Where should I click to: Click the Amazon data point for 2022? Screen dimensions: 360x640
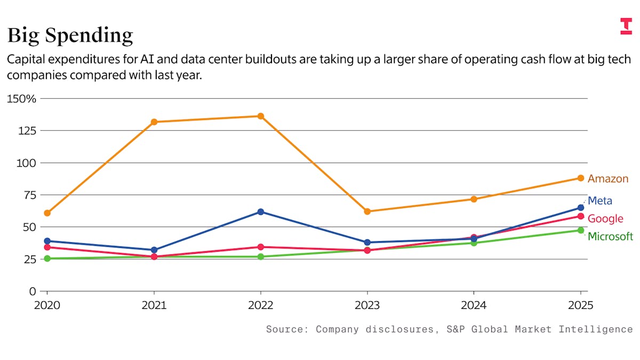[260, 116]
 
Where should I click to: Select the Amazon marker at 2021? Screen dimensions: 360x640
[154, 122]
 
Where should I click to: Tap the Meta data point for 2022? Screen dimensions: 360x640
[260, 212]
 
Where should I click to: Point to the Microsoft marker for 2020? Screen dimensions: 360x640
[47, 259]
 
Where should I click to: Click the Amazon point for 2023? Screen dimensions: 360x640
[367, 211]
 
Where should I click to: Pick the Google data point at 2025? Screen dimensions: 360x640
[580, 216]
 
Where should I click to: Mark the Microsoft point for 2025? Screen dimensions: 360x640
[580, 230]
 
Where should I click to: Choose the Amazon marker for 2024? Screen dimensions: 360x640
[474, 199]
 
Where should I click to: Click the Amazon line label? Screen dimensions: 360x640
[608, 179]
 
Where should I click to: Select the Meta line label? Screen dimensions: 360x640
[600, 201]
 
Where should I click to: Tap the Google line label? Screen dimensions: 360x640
[605, 219]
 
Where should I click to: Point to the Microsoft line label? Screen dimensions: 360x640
[610, 236]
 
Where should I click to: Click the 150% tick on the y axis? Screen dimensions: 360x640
[21, 99]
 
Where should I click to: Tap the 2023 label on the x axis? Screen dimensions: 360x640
[367, 306]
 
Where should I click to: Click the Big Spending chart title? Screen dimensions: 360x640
[70, 36]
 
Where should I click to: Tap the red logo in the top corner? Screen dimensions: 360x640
[626, 26]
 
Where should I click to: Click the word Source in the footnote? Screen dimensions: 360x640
[284, 329]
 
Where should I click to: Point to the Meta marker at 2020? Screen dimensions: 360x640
[47, 241]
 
